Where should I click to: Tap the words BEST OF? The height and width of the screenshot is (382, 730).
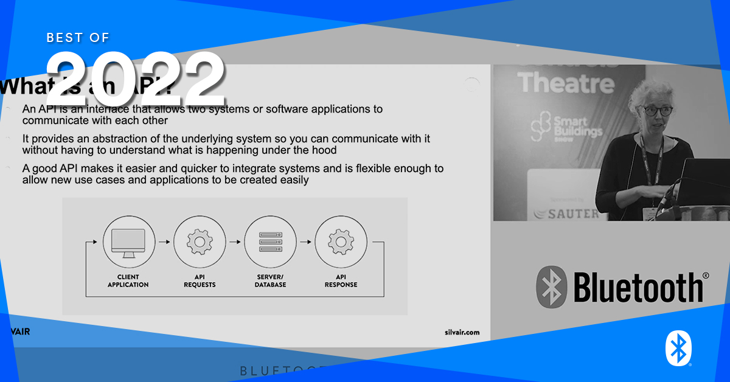pyautogui.click(x=78, y=38)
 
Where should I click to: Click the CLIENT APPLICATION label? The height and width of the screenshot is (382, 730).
pyautogui.click(x=128, y=281)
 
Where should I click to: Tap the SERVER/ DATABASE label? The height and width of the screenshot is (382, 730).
pyautogui.click(x=270, y=281)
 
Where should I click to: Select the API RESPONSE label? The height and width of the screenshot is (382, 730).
pyautogui.click(x=341, y=281)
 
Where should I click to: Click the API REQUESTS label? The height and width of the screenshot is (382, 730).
pyautogui.click(x=199, y=281)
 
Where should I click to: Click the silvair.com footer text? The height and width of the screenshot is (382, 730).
pyautogui.click(x=462, y=332)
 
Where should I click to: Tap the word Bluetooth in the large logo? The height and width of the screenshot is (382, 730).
pyautogui.click(x=638, y=287)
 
